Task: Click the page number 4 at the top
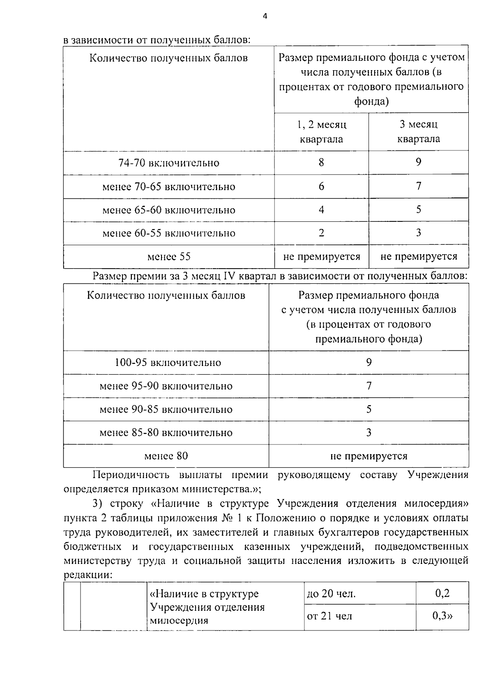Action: coord(265,16)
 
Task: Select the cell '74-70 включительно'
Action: coord(169,163)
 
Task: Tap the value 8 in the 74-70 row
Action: coord(321,163)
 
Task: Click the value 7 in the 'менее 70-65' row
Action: coord(418,186)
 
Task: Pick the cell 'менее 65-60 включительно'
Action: coord(169,210)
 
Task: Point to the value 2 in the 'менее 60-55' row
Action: coord(321,233)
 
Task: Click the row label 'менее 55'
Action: coord(169,257)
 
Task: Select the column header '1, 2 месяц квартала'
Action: coord(321,131)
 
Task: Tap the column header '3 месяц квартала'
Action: coord(418,131)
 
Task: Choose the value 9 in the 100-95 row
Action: coord(369,362)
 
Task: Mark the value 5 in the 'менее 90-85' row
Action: coord(369,409)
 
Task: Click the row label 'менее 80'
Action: coord(166,456)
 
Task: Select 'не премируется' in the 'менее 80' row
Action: coord(369,456)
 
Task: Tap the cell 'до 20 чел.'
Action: coord(331,594)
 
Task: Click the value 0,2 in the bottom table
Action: coord(441,593)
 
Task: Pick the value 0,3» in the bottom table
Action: coord(442,616)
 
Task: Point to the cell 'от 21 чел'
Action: coord(329,616)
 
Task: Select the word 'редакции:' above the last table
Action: coord(88,575)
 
